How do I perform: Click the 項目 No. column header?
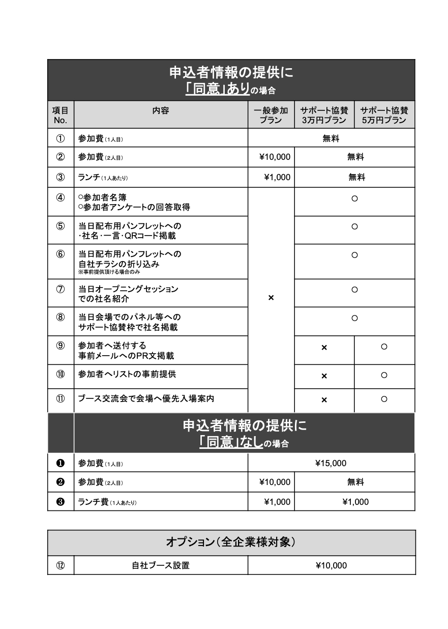tap(61, 115)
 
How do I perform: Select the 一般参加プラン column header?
tap(271, 115)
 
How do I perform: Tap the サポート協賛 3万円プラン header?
tap(324, 115)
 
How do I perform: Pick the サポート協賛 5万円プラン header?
tap(384, 115)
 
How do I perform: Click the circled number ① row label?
tap(61, 138)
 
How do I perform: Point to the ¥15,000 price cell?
tap(331, 463)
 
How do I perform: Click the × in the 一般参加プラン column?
tap(271, 297)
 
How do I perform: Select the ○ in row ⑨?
tap(384, 347)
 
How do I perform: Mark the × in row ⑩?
tap(324, 376)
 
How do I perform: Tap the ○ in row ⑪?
tap(384, 399)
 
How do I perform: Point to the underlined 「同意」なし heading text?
tap(231, 443)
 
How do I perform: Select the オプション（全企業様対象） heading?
tap(231, 542)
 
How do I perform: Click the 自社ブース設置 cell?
tap(160, 565)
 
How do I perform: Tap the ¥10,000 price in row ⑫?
tap(331, 565)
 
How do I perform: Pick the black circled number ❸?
tap(61, 502)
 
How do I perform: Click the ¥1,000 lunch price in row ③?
tap(277, 178)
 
